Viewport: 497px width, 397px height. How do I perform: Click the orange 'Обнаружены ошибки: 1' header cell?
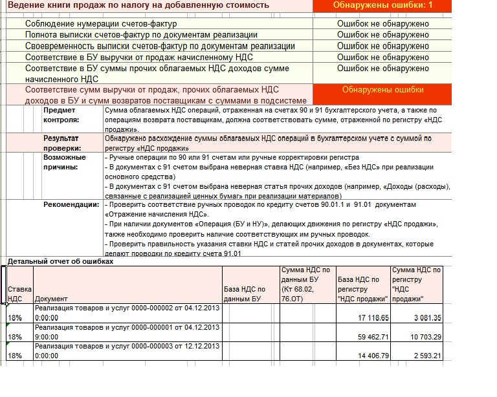pyautogui.click(x=382, y=5)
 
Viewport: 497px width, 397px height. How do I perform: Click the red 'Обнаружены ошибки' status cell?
pyautogui.click(x=382, y=90)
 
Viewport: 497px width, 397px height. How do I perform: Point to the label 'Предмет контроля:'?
pyautogui.click(x=61, y=115)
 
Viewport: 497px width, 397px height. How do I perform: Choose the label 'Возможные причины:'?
pyautogui.click(x=64, y=162)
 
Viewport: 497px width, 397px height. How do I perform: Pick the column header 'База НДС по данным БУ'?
pyautogui.click(x=244, y=294)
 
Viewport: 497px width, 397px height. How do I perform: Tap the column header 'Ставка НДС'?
pyautogui.click(x=16, y=294)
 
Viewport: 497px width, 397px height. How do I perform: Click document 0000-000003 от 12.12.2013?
pyautogui.click(x=127, y=346)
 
